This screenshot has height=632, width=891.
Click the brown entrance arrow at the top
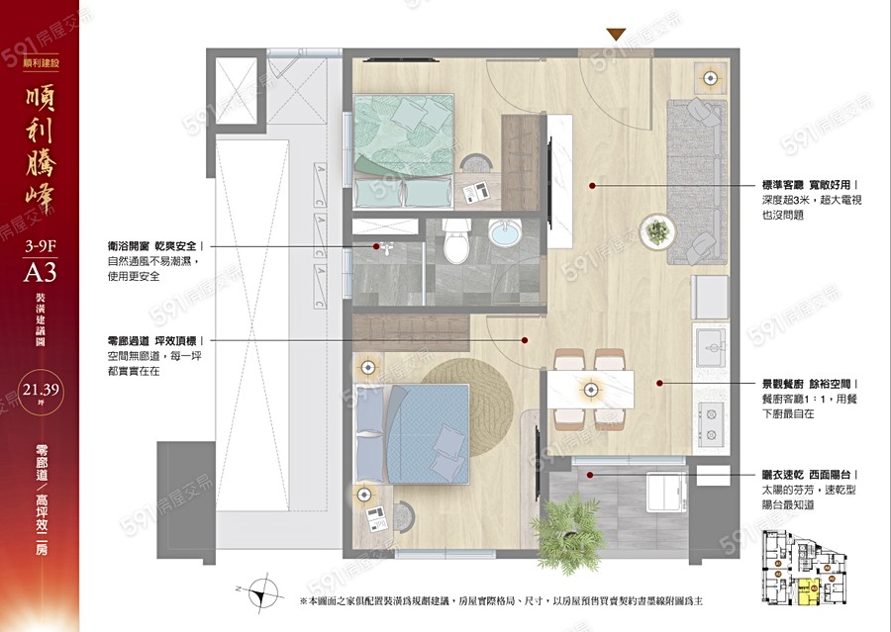coord(616,35)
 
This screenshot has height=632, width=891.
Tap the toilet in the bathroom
coord(456,243)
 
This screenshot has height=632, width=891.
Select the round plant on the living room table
coord(655,234)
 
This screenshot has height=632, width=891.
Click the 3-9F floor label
coord(39,241)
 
